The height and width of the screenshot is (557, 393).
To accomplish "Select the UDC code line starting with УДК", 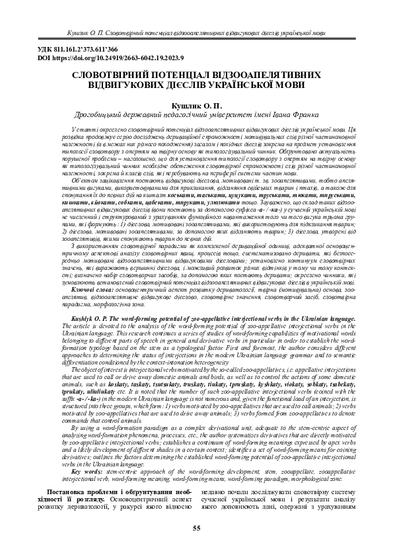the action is [64, 50].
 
